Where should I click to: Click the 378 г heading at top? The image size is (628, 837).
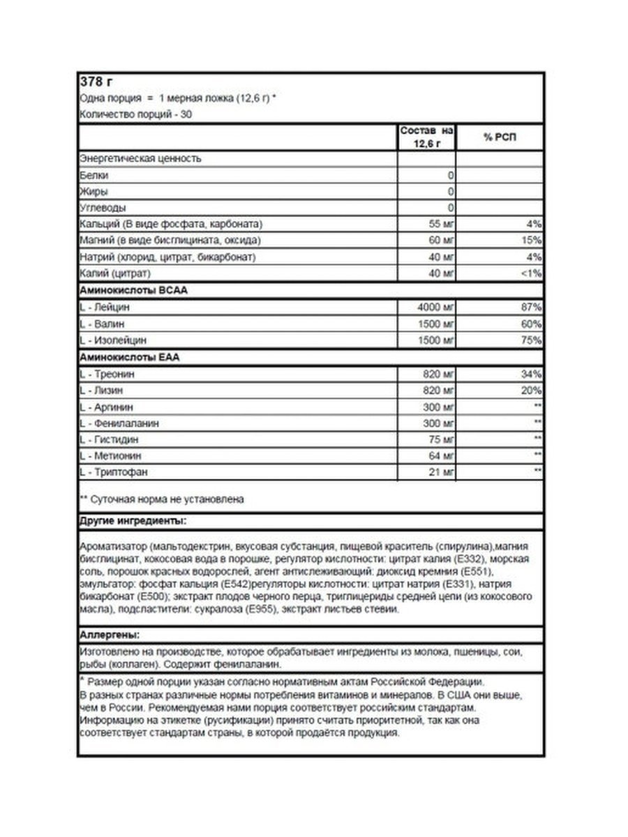[96, 82]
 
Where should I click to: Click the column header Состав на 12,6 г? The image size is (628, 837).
[426, 137]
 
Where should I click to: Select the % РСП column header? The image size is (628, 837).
[500, 137]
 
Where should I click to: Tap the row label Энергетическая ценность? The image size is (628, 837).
[141, 158]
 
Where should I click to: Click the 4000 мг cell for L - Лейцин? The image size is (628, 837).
[434, 308]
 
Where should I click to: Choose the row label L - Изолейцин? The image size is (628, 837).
[114, 340]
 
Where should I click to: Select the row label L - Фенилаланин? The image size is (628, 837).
[119, 423]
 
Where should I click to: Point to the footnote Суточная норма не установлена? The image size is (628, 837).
[162, 499]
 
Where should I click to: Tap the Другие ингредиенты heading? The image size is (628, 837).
[133, 521]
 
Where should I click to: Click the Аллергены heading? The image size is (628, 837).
[110, 635]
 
